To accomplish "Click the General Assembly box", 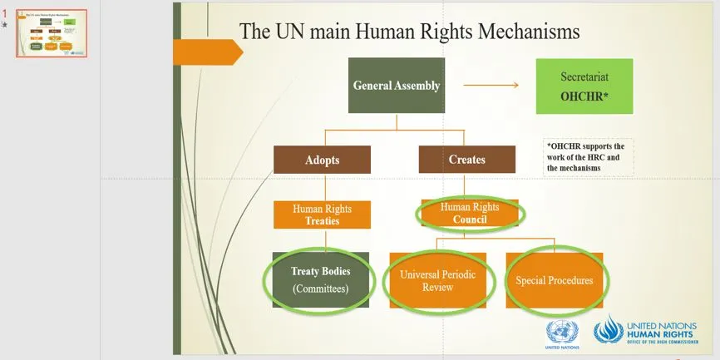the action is click(x=396, y=85).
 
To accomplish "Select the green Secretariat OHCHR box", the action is click(x=584, y=86).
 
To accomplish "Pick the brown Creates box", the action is click(x=466, y=159).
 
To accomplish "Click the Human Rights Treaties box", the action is click(x=321, y=215).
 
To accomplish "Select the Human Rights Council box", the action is click(x=470, y=214).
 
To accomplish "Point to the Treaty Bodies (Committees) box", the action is click(x=321, y=280).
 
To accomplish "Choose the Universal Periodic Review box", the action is click(x=437, y=280).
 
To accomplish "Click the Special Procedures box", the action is click(x=554, y=280).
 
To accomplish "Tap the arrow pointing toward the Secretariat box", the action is click(x=491, y=85).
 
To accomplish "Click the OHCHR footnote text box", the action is click(x=587, y=156).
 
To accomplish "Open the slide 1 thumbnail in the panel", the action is click(x=52, y=34).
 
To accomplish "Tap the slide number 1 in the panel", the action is click(x=5, y=14).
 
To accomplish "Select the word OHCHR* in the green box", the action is click(x=584, y=96).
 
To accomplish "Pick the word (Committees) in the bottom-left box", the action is click(x=321, y=289).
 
